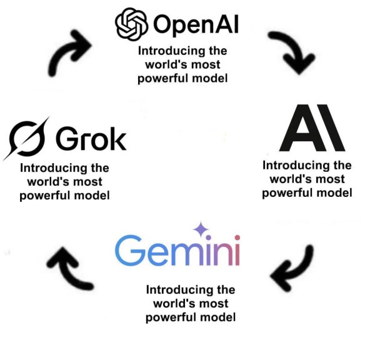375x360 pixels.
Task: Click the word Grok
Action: (91, 139)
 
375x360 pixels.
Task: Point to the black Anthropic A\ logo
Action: (311, 128)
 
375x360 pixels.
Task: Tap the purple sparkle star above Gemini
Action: (201, 229)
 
